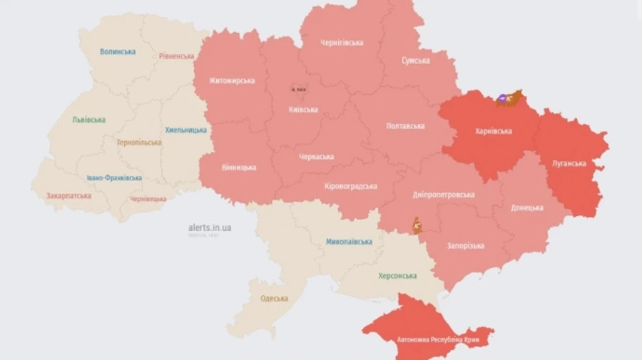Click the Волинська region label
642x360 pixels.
(x=118, y=52)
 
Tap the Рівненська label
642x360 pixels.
(x=176, y=56)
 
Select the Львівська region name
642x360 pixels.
(x=88, y=120)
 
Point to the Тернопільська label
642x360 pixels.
(x=139, y=143)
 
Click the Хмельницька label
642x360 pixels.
(x=185, y=130)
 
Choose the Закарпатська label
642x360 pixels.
(x=68, y=195)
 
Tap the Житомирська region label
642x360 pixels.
(x=232, y=81)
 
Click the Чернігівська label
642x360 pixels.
(x=341, y=43)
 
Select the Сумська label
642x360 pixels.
(x=415, y=61)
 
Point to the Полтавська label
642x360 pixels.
(x=405, y=126)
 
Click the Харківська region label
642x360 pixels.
(x=492, y=131)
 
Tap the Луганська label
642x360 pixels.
(x=569, y=163)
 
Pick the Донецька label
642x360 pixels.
(x=526, y=208)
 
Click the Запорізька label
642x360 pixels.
(x=466, y=246)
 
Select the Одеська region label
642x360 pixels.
(x=274, y=299)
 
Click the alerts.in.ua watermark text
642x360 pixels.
(x=209, y=227)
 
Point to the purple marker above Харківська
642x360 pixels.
(x=503, y=100)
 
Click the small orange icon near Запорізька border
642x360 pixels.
(x=417, y=227)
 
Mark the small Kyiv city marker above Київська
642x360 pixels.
(x=298, y=89)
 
